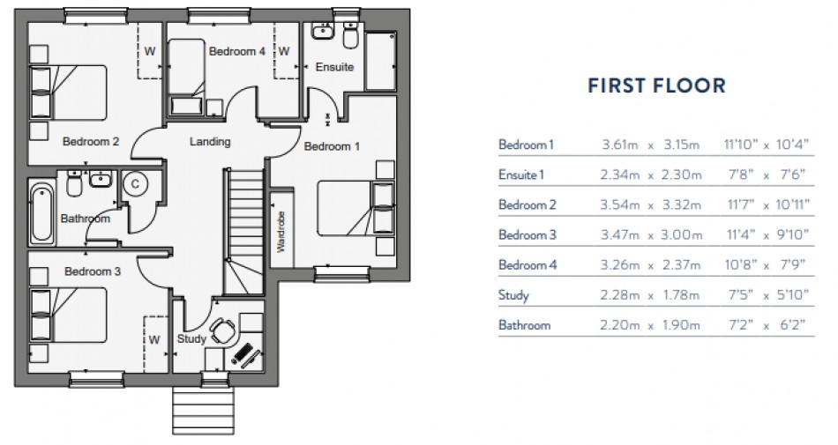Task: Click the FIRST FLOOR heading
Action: tap(656, 86)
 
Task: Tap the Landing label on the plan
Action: tap(210, 141)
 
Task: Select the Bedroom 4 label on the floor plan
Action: tap(236, 52)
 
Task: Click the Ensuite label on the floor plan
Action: tap(335, 67)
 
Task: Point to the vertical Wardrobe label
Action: tap(281, 232)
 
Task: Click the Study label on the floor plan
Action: tap(191, 338)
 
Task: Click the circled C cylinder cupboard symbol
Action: tap(136, 184)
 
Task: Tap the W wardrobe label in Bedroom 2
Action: tap(150, 51)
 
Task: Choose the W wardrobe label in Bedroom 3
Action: tap(153, 338)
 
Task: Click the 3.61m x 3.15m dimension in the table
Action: tap(650, 145)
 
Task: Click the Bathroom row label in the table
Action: tap(524, 325)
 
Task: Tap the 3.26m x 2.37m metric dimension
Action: tap(650, 265)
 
